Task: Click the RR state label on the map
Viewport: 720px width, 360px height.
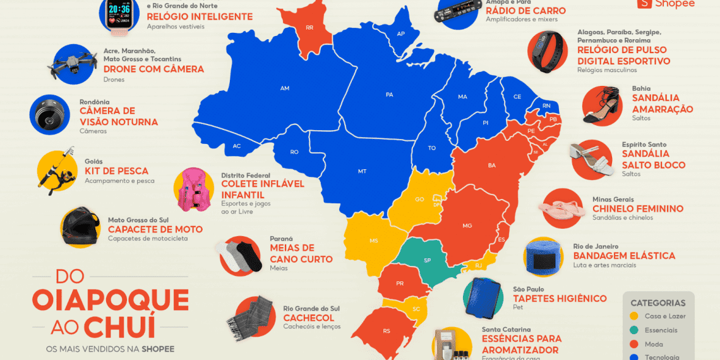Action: click(x=309, y=28)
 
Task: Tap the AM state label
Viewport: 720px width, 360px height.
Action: click(x=284, y=88)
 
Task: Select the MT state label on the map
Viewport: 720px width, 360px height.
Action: click(x=362, y=171)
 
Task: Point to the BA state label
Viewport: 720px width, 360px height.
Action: click(x=492, y=165)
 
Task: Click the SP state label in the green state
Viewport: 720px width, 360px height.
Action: click(x=427, y=260)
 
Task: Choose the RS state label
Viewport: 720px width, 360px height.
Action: click(x=387, y=331)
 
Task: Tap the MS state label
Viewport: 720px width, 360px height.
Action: click(x=374, y=241)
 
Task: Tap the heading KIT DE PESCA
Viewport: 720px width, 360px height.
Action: click(x=116, y=171)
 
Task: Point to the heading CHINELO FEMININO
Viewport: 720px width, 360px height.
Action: click(x=637, y=208)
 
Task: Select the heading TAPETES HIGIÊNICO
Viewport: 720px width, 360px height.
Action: click(x=560, y=298)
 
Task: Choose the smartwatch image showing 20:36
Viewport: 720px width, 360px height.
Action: click(x=121, y=14)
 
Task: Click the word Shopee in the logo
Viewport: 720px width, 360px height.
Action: click(x=674, y=4)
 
